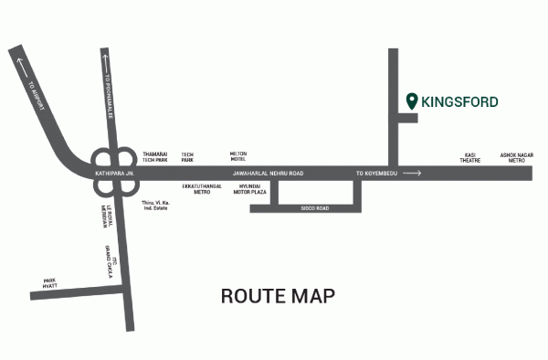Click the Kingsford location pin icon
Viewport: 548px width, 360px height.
[412, 101]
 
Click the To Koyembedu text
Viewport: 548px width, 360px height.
[375, 172]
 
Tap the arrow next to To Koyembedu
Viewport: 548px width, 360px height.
[412, 172]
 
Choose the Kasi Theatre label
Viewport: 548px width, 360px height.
[470, 157]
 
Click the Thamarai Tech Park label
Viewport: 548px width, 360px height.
[156, 157]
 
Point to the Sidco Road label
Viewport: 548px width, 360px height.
[315, 209]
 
